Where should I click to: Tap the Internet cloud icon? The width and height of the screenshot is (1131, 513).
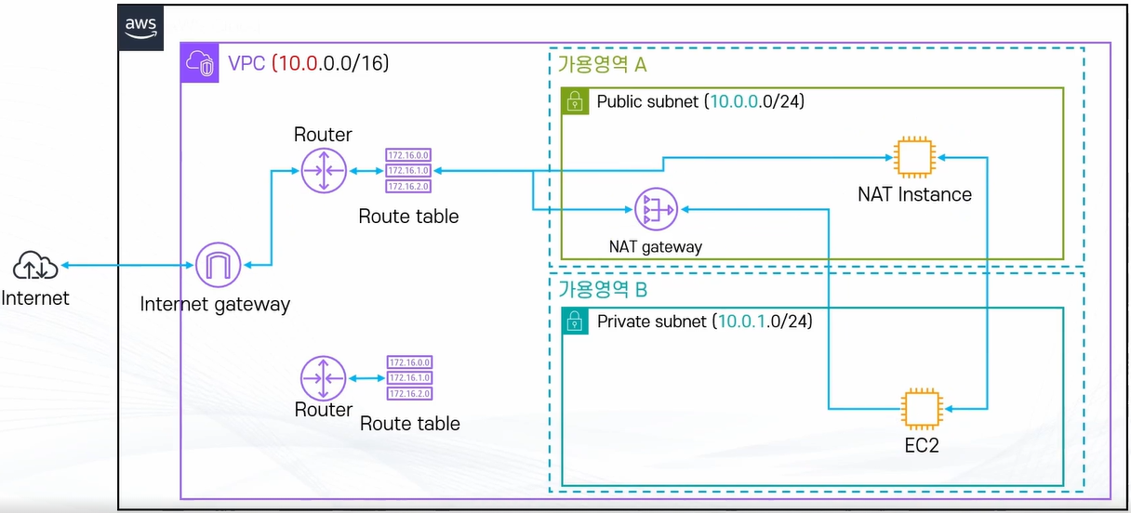tap(35, 268)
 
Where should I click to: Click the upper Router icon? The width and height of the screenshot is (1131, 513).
tap(324, 171)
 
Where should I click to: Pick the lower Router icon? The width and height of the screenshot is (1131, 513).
tap(324, 378)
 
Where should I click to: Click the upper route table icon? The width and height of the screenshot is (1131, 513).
tap(409, 171)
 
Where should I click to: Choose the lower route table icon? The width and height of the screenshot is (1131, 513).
tap(410, 378)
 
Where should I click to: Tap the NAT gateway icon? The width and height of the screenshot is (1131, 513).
tap(657, 212)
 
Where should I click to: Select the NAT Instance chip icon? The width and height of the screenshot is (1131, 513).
tap(913, 157)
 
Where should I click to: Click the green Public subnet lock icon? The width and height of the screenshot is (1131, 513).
tap(576, 101)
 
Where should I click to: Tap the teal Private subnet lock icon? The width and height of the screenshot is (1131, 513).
tap(577, 322)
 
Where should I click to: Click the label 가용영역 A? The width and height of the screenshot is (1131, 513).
tap(601, 65)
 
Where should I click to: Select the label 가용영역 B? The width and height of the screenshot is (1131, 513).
tap(602, 289)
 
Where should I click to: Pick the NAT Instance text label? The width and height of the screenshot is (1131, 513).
tap(914, 194)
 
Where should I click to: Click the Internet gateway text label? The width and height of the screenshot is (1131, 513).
tap(215, 304)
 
